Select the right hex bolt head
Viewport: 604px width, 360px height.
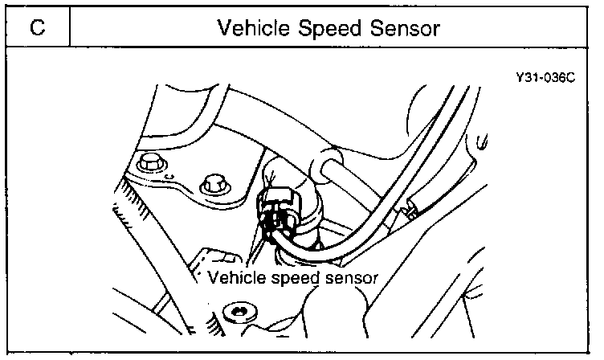click(213, 184)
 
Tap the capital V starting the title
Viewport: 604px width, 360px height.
click(224, 28)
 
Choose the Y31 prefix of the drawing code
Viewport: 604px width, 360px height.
click(530, 81)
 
